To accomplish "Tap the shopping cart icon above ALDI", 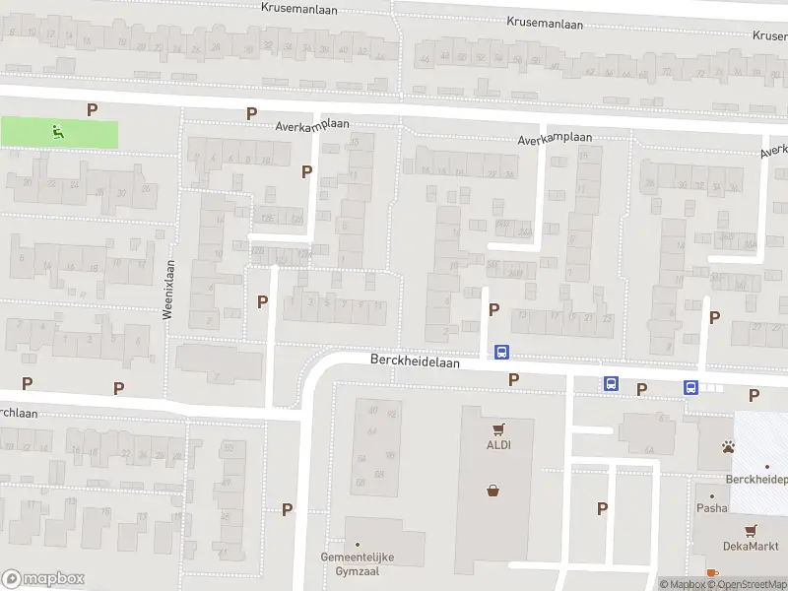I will click(499, 429).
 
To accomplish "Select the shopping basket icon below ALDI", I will click(492, 490).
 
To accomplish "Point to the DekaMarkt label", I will click(752, 547).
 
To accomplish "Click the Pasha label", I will click(711, 508).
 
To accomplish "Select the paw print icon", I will click(728, 447).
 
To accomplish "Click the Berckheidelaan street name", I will click(416, 361).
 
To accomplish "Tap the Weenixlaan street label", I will click(168, 289).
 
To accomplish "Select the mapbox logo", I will click(42, 578).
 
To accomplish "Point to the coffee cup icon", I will click(711, 573).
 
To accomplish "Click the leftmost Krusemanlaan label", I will click(301, 7).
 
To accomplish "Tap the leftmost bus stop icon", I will click(501, 352).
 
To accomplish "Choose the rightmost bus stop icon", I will click(690, 387).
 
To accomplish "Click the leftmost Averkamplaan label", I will click(313, 125).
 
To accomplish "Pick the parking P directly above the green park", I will click(93, 110).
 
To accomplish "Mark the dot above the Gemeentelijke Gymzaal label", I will click(358, 545).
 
